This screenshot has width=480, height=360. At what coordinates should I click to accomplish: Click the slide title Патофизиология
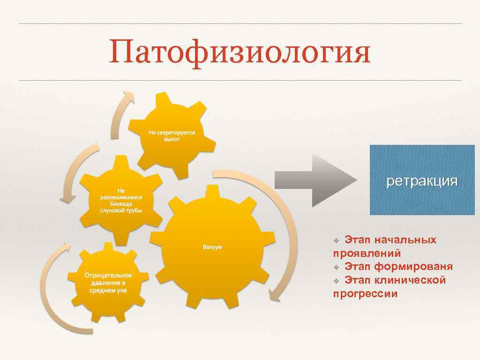click(240, 52)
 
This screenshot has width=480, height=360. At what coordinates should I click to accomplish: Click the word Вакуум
click(212, 247)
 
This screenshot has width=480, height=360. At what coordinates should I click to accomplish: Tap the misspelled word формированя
click(413, 267)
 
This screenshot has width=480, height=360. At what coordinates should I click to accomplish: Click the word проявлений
click(367, 254)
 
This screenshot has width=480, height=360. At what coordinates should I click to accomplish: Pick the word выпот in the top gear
click(172, 139)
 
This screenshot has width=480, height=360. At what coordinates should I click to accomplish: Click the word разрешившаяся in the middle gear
click(121, 197)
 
